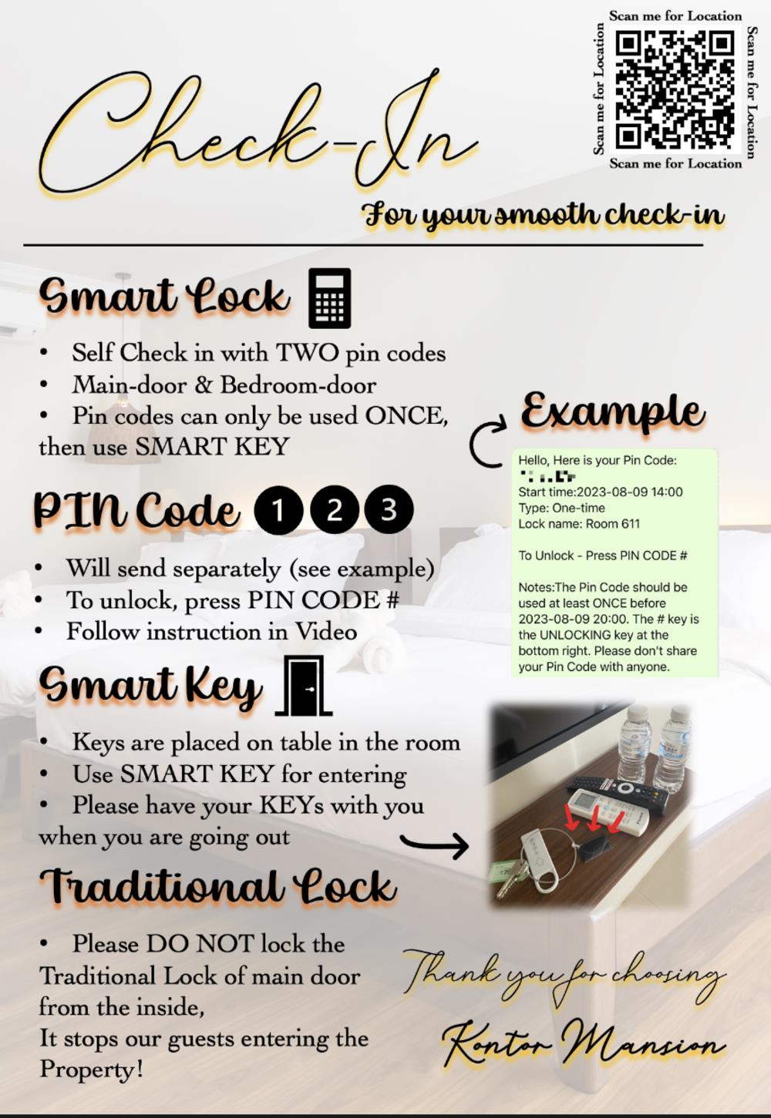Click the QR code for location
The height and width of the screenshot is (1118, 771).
pyautogui.click(x=675, y=90)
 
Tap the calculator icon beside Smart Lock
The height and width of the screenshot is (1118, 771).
pyautogui.click(x=329, y=298)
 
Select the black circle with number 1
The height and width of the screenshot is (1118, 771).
pyautogui.click(x=278, y=509)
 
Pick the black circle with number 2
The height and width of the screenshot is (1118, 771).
pyautogui.click(x=334, y=509)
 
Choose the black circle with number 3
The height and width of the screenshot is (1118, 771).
pyautogui.click(x=389, y=509)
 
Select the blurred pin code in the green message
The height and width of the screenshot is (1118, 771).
pyautogui.click(x=547, y=475)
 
